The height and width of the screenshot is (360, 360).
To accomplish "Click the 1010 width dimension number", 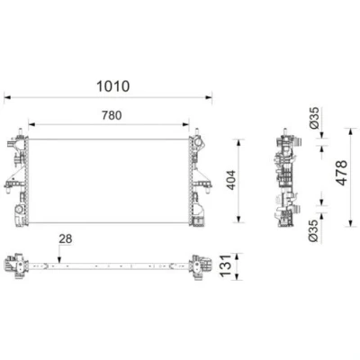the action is point(113,86).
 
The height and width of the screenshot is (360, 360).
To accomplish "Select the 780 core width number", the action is point(112,115).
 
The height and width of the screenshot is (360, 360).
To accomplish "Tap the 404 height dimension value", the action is point(231,180).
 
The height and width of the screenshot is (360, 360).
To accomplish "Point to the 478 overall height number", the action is point(342,173).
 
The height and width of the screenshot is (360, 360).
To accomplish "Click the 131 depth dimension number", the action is point(226,266).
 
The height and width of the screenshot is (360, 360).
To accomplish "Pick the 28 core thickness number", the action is point(66,239).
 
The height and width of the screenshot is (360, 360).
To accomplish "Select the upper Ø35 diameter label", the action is point(314,118).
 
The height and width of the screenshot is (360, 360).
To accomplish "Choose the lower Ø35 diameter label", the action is point(314,230).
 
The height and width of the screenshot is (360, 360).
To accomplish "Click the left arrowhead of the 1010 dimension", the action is point(7,97).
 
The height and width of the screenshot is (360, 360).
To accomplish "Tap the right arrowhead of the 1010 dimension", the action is point(209,97).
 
